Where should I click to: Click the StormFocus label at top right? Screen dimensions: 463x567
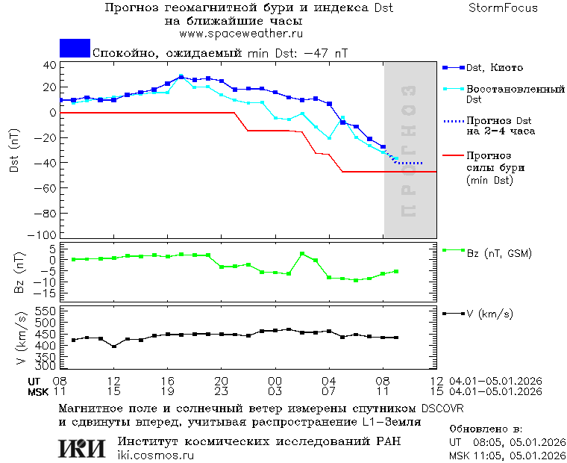[503, 8]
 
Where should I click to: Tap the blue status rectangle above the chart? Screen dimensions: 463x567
[75, 48]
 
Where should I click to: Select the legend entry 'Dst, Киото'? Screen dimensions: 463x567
[494, 68]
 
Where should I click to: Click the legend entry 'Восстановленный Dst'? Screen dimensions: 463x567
[515, 93]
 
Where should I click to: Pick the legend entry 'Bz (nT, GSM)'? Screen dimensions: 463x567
[498, 253]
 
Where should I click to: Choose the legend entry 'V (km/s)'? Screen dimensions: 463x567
[489, 314]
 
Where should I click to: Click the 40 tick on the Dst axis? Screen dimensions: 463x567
[50, 65]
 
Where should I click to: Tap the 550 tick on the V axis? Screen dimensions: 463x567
[46, 310]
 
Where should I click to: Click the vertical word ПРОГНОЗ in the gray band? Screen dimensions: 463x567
[408, 151]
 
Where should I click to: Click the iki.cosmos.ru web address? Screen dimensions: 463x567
[155, 456]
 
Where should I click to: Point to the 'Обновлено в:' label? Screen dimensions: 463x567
[486, 429]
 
